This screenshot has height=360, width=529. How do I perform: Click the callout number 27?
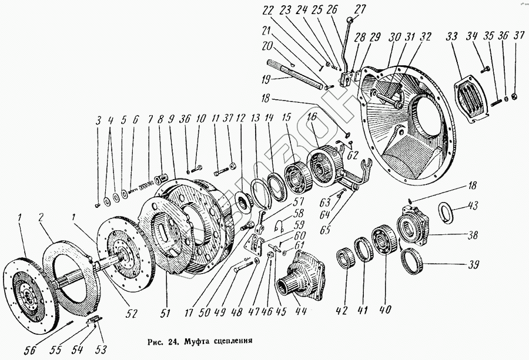(359, 8)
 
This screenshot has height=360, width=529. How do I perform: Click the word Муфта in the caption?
(183, 341)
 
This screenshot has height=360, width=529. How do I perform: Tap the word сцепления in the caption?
(225, 341)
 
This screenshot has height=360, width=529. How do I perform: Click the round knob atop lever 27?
(351, 21)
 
